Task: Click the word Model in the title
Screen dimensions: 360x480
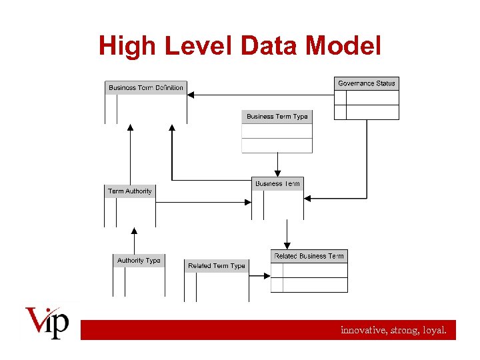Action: [344, 46]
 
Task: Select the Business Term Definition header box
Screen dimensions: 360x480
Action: [145, 88]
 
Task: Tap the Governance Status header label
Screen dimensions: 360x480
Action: [366, 83]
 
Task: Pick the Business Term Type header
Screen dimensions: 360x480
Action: [277, 117]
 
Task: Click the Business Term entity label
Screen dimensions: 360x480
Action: [277, 183]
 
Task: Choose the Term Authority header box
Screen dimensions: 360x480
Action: [129, 191]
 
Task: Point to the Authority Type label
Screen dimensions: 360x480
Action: [139, 261]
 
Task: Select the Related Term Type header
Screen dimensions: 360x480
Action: [216, 266]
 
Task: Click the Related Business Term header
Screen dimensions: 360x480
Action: [309, 256]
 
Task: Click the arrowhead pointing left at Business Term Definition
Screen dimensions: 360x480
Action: [190, 95]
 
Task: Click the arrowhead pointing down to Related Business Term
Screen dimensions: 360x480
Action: [287, 244]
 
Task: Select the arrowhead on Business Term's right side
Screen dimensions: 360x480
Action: [308, 197]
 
